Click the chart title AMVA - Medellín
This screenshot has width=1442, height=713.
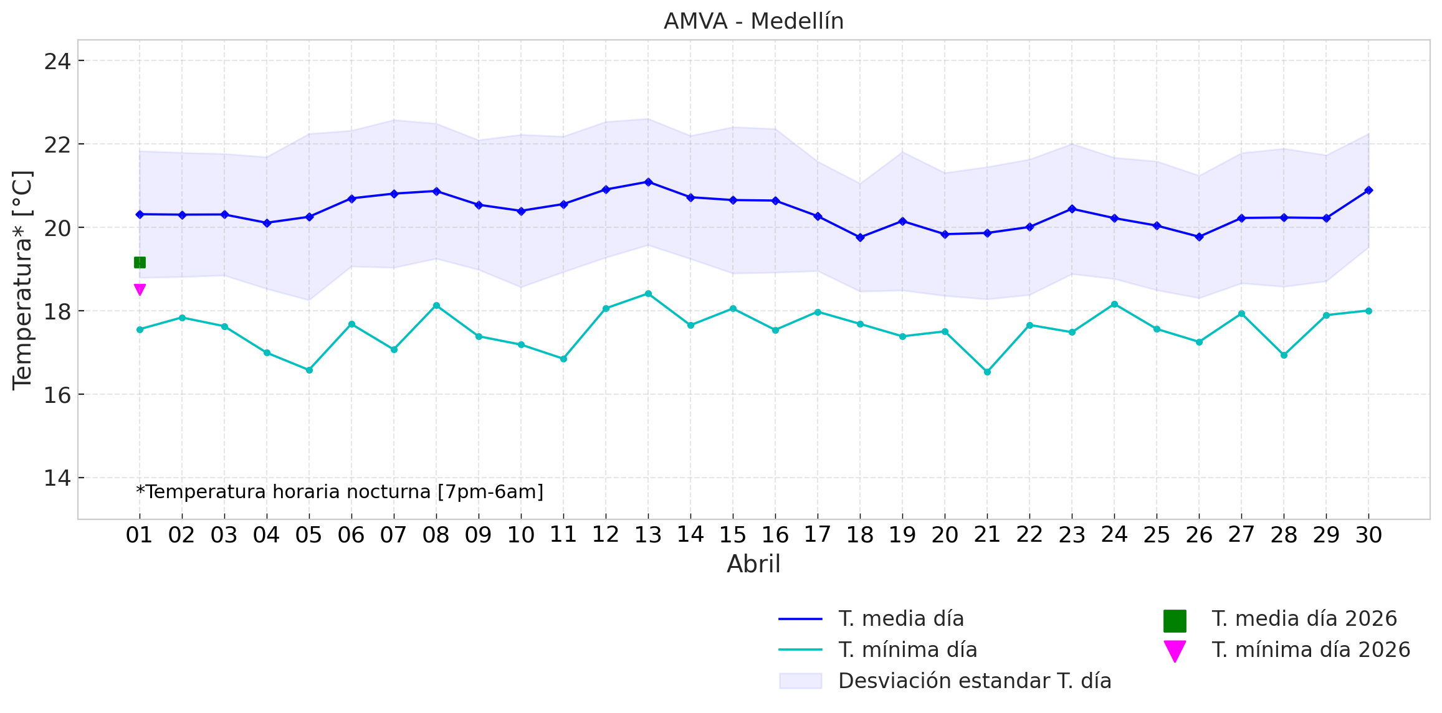[753, 21]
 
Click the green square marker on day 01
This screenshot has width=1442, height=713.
[140, 263]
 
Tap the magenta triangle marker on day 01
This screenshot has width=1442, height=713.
[140, 289]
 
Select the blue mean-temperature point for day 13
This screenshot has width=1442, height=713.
[648, 182]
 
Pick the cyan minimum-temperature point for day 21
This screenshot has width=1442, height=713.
[987, 372]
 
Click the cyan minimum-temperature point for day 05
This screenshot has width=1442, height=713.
[309, 370]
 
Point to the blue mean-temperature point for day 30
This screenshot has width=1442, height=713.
[1368, 190]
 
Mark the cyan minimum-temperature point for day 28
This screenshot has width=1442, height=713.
[1284, 355]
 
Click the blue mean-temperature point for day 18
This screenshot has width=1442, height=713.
[860, 237]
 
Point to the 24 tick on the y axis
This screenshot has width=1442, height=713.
[57, 62]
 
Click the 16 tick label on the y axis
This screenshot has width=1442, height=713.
[57, 395]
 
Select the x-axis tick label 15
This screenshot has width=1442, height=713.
[733, 535]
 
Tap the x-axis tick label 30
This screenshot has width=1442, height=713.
[1368, 535]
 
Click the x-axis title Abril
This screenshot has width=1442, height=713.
[753, 564]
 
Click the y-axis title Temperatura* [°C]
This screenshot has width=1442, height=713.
[22, 280]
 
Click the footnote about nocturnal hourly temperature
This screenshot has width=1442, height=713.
[340, 492]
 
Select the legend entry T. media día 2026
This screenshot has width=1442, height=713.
[1304, 619]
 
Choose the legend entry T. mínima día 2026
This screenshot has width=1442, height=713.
[1310, 650]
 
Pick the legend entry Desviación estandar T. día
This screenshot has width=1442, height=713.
[975, 681]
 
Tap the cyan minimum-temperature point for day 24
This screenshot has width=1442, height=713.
[1114, 305]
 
